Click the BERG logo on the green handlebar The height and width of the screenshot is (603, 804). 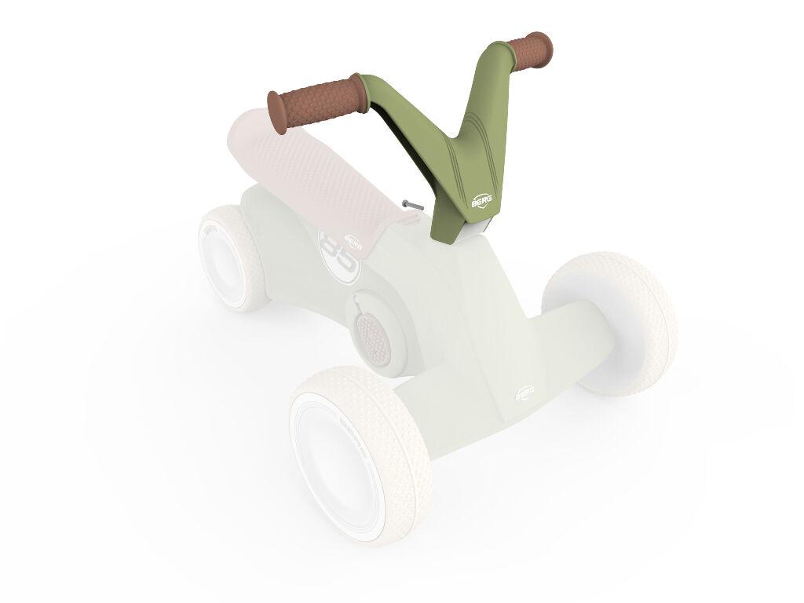point(481,200)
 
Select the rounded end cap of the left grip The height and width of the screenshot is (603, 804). point(276,110)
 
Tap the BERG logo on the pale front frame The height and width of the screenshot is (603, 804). point(524,393)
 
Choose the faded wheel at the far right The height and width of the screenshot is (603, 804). point(612,322)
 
